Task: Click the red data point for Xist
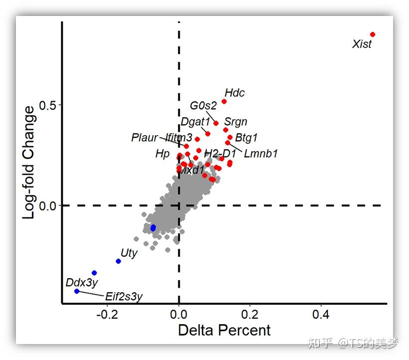pos(373,34)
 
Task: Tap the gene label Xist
pos(362,44)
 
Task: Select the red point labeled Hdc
pos(224,102)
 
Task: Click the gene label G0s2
pos(203,106)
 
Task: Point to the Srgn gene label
pos(236,122)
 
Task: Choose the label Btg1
pos(246,137)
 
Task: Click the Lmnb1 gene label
pos(261,154)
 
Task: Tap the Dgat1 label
pos(195,121)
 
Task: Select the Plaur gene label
pos(144,138)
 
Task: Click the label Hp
pos(162,154)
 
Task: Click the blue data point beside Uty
pos(119,261)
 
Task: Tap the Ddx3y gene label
pos(82,283)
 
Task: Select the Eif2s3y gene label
pos(124,297)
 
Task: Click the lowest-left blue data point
pos(77,291)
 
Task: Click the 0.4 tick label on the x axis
pos(321,315)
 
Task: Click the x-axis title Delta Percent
pos(224,330)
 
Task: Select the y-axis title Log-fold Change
pos(30,162)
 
